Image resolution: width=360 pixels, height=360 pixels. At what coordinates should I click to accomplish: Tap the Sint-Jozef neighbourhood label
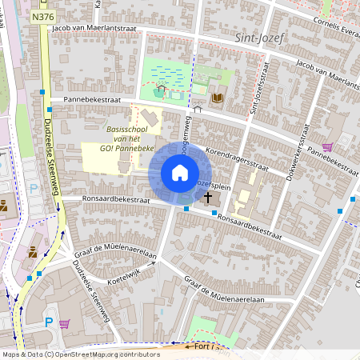(255, 38)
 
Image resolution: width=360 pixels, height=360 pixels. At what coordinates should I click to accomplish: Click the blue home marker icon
(180, 173)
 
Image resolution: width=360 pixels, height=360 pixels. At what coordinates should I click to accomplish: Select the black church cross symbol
(208, 196)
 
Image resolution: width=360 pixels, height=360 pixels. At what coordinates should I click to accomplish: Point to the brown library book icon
(218, 98)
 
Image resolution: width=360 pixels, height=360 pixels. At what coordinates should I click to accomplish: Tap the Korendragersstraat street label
(235, 154)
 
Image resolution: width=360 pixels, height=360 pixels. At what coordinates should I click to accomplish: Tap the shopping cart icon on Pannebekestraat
(326, 147)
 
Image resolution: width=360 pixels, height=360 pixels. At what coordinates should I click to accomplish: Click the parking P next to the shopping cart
(49, 322)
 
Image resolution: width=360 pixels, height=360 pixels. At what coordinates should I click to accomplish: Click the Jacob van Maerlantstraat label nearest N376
(94, 28)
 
